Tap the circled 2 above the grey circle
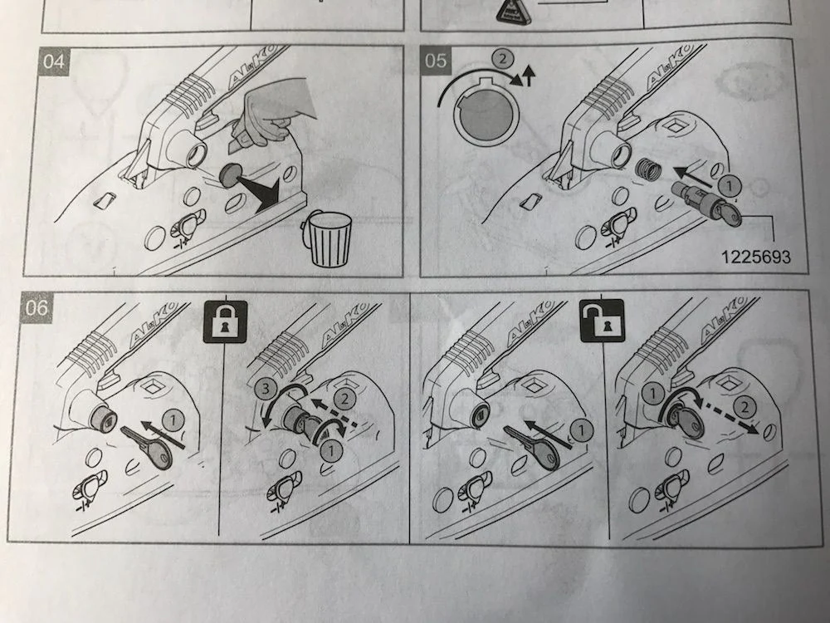pos(500,59)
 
